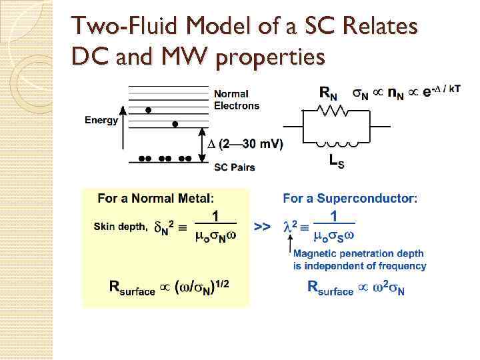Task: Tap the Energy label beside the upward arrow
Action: (x=101, y=121)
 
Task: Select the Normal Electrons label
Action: (x=236, y=100)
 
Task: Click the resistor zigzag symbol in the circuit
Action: (x=337, y=113)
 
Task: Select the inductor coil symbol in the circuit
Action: (x=337, y=141)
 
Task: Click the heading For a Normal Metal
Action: (x=157, y=198)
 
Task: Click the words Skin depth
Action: (x=121, y=227)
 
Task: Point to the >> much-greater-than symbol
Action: (x=263, y=227)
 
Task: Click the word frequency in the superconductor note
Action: (x=401, y=266)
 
